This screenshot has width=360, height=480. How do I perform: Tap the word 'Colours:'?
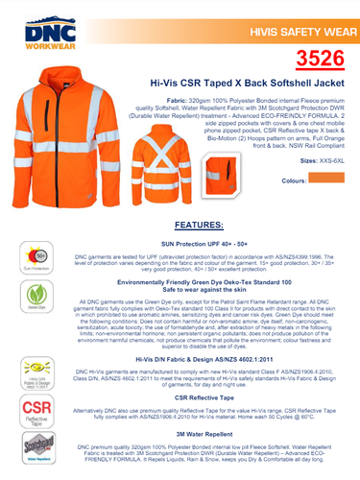point(295,180)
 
